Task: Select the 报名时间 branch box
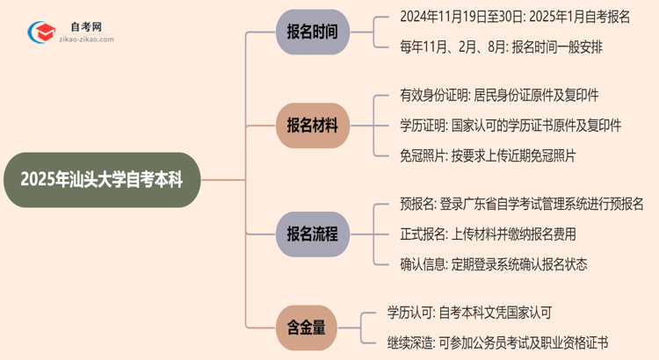point(312,32)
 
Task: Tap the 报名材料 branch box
point(312,125)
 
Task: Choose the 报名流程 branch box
point(312,234)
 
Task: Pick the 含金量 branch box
point(306,328)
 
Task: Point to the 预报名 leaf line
point(510,205)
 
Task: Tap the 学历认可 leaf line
point(469,312)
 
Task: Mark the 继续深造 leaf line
point(497,342)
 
